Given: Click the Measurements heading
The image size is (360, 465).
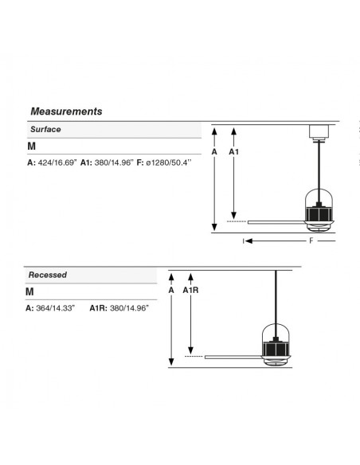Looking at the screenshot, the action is coord(66,111).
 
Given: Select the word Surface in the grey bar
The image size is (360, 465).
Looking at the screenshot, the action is coord(45,129).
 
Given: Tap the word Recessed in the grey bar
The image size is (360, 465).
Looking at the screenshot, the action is coord(48,275).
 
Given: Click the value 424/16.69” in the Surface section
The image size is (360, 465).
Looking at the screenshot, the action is coord(57,162).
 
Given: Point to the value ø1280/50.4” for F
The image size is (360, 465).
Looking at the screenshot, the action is coord(169,162).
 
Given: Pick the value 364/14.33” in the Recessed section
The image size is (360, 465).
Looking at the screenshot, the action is coord(56,308).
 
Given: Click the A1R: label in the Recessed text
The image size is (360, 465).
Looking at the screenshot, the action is coord(99,308).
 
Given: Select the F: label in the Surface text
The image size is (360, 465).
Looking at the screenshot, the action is coord(140,162).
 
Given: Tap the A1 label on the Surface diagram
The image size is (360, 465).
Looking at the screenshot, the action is coord(233,152).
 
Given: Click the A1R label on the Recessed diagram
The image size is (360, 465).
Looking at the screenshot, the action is coord(190,291).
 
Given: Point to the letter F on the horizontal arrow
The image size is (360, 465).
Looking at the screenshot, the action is coord(311,240).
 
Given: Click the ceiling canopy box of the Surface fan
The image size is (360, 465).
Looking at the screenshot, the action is coord(319,131).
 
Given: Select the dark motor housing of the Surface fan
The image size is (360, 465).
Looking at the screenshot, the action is coord(319,213).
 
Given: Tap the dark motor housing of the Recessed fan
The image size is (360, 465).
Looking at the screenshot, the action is coord(276,349).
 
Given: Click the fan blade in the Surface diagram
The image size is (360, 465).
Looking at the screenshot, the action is coord(277,222).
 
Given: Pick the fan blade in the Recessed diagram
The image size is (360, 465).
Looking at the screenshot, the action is coord(233,357).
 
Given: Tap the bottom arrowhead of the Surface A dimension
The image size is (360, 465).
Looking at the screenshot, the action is coord(214,227).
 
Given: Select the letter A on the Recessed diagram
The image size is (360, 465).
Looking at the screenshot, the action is coord(171,291).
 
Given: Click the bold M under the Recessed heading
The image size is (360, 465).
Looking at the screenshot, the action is coord(29,291).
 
